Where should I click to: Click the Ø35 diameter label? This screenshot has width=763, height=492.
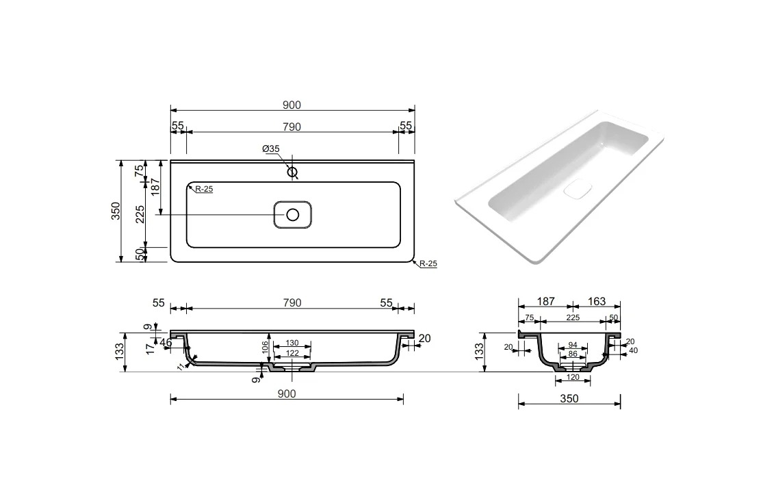pyautogui.click(x=270, y=149)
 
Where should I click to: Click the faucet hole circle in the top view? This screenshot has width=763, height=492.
pyautogui.click(x=292, y=172)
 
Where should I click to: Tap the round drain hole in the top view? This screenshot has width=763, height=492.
pyautogui.click(x=292, y=215)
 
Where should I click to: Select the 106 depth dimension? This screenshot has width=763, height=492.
pyautogui.click(x=266, y=346)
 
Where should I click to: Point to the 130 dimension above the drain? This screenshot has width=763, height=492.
pyautogui.click(x=292, y=343)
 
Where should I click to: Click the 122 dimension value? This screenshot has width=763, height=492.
pyautogui.click(x=292, y=353)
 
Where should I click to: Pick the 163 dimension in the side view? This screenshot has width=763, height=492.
pyautogui.click(x=597, y=301)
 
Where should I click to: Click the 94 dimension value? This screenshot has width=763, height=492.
pyautogui.click(x=573, y=345)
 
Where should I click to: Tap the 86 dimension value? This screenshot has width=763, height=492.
pyautogui.click(x=573, y=354)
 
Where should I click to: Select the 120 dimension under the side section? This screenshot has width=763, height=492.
pyautogui.click(x=573, y=377)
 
